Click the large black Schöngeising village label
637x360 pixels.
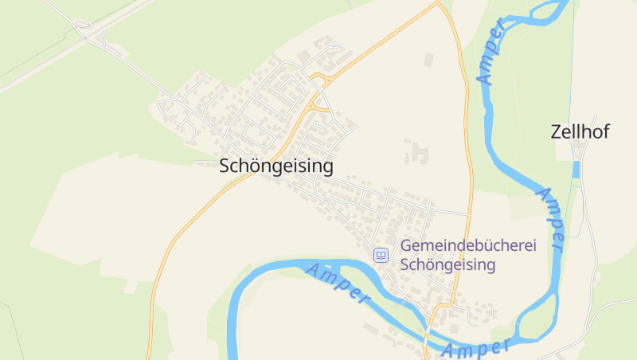click(x=276, y=166)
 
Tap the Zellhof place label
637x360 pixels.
click(x=580, y=132)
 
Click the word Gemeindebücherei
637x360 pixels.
click(x=468, y=246)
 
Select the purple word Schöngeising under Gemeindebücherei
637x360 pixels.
click(x=448, y=264)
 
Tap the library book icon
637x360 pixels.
click(x=381, y=255)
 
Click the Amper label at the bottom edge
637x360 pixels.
click(x=475, y=348)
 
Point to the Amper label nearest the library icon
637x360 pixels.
click(x=338, y=283)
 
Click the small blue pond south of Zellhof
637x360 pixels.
click(x=576, y=169)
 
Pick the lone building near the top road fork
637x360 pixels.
click(x=429, y=60)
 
